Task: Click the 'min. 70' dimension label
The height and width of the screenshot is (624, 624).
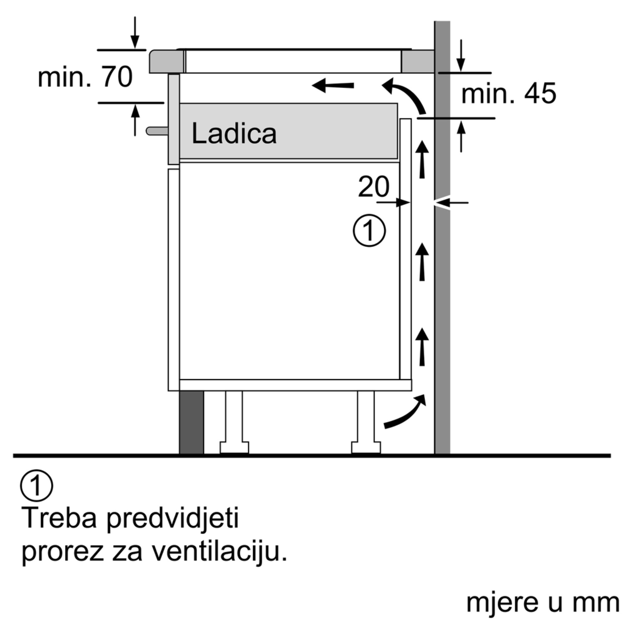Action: (x=85, y=77)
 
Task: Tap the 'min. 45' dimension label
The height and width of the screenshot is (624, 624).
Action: (x=509, y=94)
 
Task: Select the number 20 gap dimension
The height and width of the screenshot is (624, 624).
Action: (x=374, y=186)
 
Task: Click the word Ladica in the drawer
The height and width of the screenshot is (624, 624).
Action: (x=234, y=134)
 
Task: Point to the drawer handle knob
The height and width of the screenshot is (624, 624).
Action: (x=157, y=131)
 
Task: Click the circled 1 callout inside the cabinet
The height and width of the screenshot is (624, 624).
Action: (x=369, y=231)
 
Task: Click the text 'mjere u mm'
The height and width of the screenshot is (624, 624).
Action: (x=543, y=603)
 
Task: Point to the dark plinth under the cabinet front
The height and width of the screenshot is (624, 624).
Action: (x=192, y=422)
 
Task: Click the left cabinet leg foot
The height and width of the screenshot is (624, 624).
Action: (x=235, y=448)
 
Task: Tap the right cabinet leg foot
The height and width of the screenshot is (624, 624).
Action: (x=366, y=448)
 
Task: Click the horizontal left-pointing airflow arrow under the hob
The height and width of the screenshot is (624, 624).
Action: (x=333, y=85)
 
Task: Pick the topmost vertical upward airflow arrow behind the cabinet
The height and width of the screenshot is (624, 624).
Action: (x=422, y=159)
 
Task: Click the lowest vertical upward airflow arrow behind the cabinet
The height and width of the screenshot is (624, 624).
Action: (x=422, y=347)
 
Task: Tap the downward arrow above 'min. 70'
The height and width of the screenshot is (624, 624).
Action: (x=135, y=33)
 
